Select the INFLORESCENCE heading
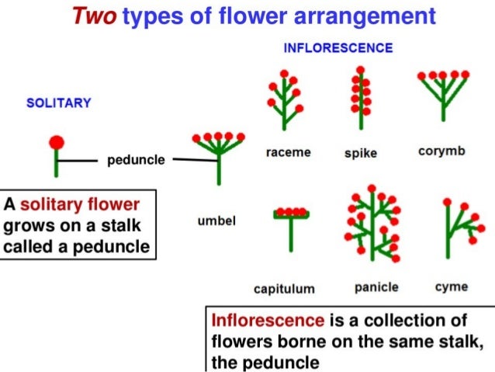[337, 47]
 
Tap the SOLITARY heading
[59, 103]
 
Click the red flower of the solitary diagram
[57, 141]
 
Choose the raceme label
[287, 152]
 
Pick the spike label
[360, 153]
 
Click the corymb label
[441, 151]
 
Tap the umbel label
[217, 221]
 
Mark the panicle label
[376, 287]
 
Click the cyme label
[451, 287]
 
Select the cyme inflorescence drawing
[459, 229]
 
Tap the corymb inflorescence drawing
[441, 93]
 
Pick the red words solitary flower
[80, 205]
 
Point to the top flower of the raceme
[285, 73]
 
